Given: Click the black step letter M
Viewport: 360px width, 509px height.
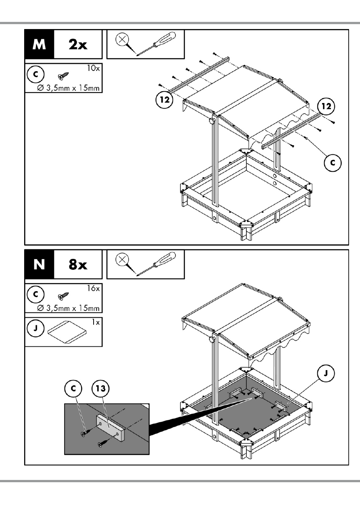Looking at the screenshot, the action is (39, 44).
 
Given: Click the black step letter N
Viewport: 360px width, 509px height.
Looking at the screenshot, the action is (39, 264).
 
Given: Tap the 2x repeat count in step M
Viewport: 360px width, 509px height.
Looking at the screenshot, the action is (78, 44).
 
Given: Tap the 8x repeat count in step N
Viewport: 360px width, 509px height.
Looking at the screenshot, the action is (78, 264).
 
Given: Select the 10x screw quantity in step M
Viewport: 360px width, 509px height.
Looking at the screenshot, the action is (94, 68).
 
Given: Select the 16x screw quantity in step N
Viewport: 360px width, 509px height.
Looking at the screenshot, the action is (94, 288).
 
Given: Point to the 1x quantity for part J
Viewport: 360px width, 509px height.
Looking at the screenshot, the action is (96, 323).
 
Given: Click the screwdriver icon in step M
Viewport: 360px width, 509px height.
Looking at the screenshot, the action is (156, 43).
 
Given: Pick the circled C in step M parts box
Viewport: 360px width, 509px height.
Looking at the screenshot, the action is (35, 74).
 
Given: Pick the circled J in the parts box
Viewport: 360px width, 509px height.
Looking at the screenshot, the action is (35, 329).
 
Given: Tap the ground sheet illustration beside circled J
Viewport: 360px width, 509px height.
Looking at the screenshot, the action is (67, 332).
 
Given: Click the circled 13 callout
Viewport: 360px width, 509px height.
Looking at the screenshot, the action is (100, 388).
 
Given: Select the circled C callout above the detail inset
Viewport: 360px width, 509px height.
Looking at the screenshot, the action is (73, 388).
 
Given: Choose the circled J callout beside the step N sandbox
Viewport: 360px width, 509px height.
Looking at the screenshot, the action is (326, 373).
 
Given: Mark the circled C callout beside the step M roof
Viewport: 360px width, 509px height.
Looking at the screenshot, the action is (333, 163).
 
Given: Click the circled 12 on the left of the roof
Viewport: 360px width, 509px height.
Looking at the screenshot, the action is (165, 100).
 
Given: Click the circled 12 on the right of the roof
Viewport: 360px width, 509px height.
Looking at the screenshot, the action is (326, 106).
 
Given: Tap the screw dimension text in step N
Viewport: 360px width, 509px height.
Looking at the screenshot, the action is (68, 308).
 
